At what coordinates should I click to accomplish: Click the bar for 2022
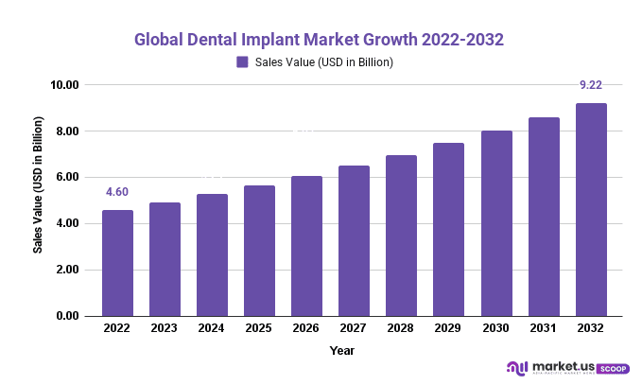point(117,263)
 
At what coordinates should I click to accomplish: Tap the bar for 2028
point(401,236)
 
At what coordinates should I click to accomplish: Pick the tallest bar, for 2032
point(590,209)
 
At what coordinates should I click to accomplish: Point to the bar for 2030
point(495,223)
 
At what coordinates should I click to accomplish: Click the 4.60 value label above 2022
point(117,193)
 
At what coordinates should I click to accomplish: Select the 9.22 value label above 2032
point(590,86)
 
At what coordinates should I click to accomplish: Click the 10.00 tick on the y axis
point(63,85)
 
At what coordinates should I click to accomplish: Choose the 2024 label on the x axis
point(212,330)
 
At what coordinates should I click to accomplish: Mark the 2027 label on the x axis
point(354,330)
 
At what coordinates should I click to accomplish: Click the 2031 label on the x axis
point(543,330)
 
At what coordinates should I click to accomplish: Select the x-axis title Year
point(342,350)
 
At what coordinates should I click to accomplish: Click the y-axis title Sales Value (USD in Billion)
point(39,185)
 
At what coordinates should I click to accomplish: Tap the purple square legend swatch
point(242,62)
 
